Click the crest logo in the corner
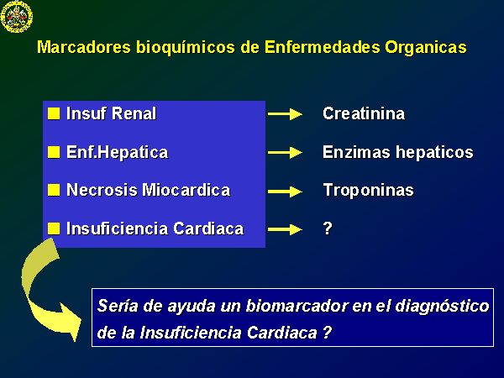pos(17,17)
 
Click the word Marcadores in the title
pos(84,47)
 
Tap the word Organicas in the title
pos(426,48)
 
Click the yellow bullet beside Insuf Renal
pos(54,113)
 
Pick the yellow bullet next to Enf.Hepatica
pos(54,152)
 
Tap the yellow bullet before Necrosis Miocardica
pos(54,190)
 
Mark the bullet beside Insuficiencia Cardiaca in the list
pos(54,228)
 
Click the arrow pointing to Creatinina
pos(285,113)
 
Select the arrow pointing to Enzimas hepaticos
pos(285,152)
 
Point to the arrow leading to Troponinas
pos(285,192)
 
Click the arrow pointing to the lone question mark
pos(285,229)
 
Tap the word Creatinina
pos(364,113)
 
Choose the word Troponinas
pos(368,191)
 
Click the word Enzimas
pos(356,152)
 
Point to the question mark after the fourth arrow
pos(328,228)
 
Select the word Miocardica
pos(186,190)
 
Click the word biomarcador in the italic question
pos(297,306)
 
